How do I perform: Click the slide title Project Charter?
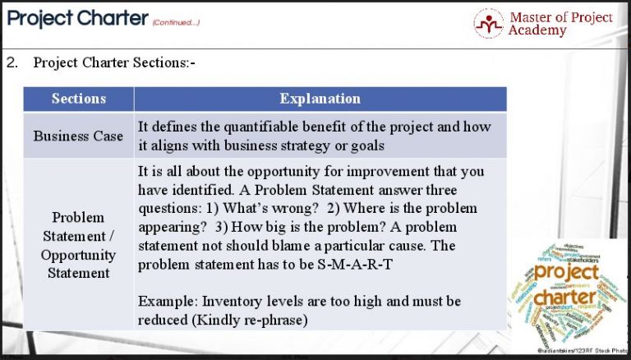[77, 18]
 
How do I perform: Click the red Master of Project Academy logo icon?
[489, 23]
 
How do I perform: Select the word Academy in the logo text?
[537, 30]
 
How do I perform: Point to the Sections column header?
[79, 99]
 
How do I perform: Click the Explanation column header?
[320, 99]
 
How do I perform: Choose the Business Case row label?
[78, 136]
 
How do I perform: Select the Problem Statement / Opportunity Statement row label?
[78, 245]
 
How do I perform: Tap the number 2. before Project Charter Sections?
[12, 62]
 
